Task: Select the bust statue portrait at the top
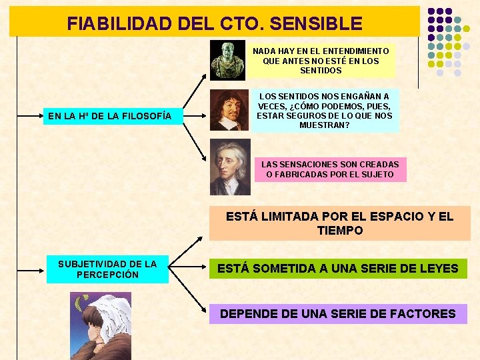pyautogui.click(x=227, y=61)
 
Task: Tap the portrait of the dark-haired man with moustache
pyautogui.click(x=229, y=109)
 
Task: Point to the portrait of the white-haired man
pyautogui.click(x=230, y=167)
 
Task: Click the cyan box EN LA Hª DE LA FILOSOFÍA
pyautogui.click(x=110, y=117)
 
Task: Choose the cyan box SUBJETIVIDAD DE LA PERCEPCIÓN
pyautogui.click(x=107, y=269)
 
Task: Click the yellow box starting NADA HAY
pyautogui.click(x=321, y=61)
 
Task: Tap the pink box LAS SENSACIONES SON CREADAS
pyautogui.click(x=330, y=169)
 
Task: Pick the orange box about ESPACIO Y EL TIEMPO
pyautogui.click(x=339, y=223)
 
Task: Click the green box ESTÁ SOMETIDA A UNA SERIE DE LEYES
pyautogui.click(x=338, y=269)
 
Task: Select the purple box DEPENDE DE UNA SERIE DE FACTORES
pyautogui.click(x=338, y=313)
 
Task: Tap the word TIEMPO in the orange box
pyautogui.click(x=340, y=231)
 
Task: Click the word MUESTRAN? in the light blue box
pyautogui.click(x=325, y=125)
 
